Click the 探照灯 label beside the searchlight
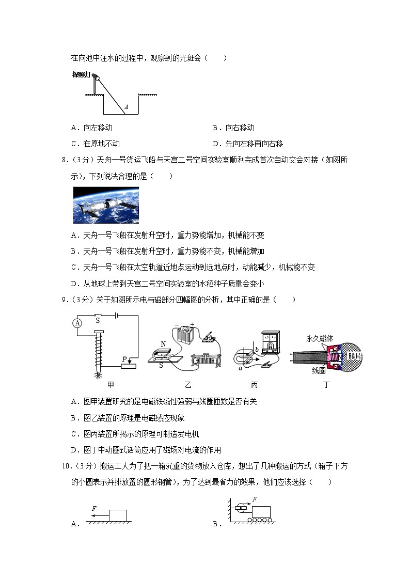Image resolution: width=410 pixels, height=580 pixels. pyautogui.click(x=81, y=74)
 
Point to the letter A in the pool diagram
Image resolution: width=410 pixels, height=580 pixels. pyautogui.click(x=126, y=107)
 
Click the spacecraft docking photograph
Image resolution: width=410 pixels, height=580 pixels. pyautogui.click(x=106, y=205)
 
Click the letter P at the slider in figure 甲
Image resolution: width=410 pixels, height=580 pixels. pyautogui.click(x=124, y=358)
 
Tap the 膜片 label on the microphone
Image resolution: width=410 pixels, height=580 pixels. pyautogui.click(x=355, y=356)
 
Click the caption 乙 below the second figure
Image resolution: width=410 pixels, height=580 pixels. pyautogui.click(x=187, y=385)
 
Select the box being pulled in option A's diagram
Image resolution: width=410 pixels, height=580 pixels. pyautogui.click(x=118, y=516)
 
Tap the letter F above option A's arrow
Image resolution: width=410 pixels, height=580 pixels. pyautogui.click(x=94, y=509)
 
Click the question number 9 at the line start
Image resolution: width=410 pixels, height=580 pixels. pyautogui.click(x=64, y=300)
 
